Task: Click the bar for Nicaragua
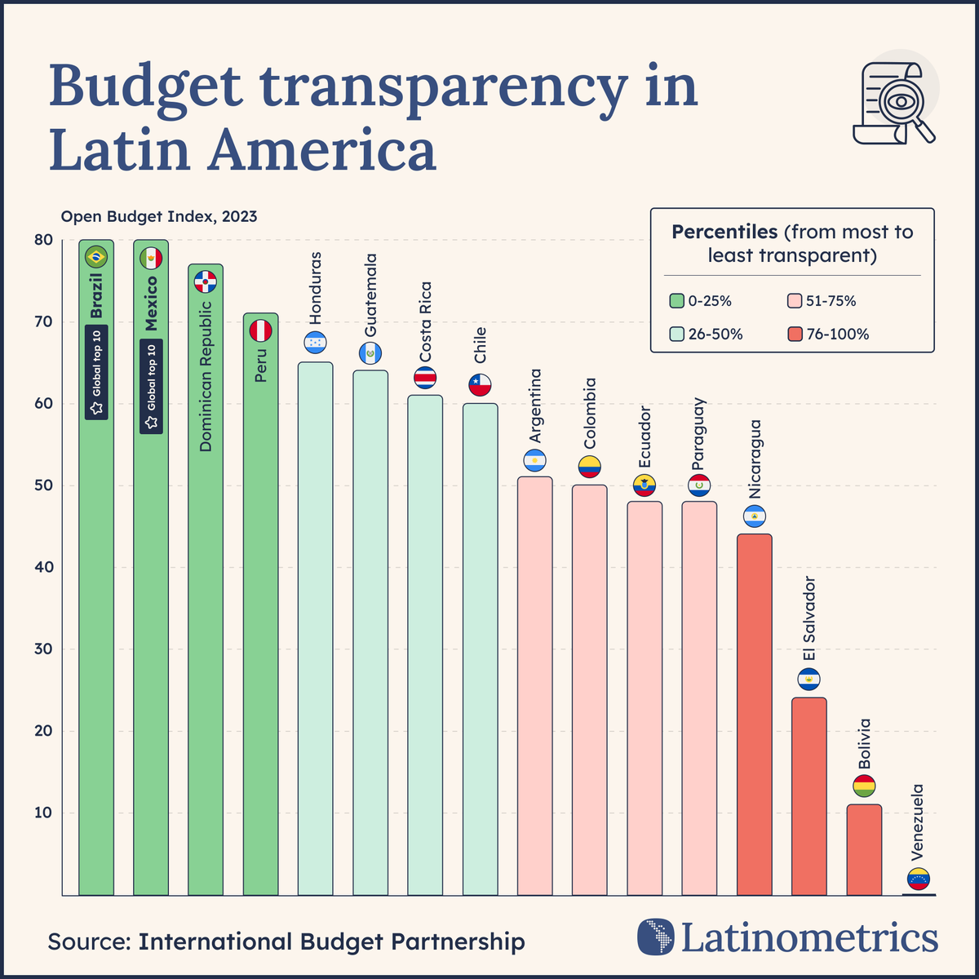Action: point(754,714)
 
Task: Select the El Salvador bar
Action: point(808,795)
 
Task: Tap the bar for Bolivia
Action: point(864,849)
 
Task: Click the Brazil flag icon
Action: point(96,258)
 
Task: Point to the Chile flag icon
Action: point(481,385)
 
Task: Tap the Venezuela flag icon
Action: point(919,879)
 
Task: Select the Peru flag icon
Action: point(260,330)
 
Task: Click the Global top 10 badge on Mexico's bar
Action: point(151,386)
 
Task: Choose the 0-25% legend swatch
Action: point(676,301)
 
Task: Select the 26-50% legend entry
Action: point(707,334)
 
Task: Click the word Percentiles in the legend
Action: point(724,232)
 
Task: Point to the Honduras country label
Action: point(316,286)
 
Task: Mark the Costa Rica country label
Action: point(425,322)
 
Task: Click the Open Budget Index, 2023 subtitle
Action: point(159,216)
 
